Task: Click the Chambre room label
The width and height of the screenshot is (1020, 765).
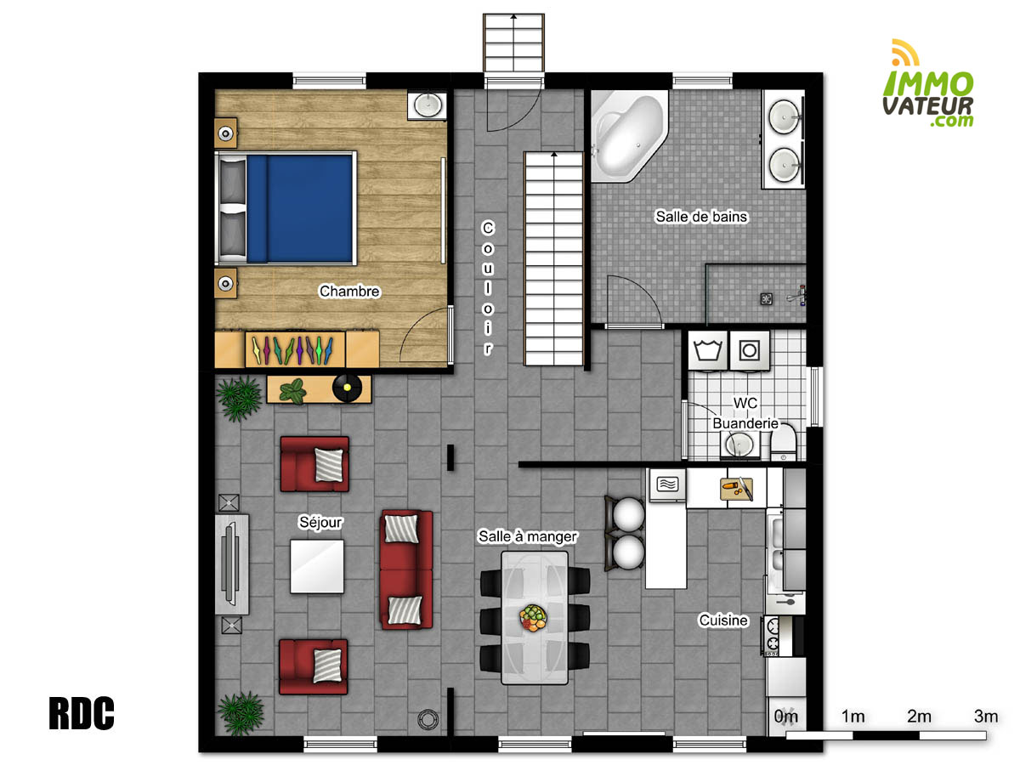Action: point(349,292)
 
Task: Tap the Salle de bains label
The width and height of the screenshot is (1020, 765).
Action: point(701,217)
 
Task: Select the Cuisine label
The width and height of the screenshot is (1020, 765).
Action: point(723,620)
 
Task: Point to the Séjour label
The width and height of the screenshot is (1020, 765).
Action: point(320,522)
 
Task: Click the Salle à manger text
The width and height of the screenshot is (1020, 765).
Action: point(528,536)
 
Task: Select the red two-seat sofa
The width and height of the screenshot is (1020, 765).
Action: point(406,569)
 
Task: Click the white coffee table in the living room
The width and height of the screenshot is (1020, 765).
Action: point(317,566)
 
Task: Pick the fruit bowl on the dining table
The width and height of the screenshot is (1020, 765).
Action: point(533,617)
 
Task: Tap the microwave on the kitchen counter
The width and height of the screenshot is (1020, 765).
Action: point(667,485)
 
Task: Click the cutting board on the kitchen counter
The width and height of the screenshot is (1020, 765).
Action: point(735,489)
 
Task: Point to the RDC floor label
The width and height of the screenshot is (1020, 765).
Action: point(82,714)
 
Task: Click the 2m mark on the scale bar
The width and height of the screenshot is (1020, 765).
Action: point(919,717)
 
